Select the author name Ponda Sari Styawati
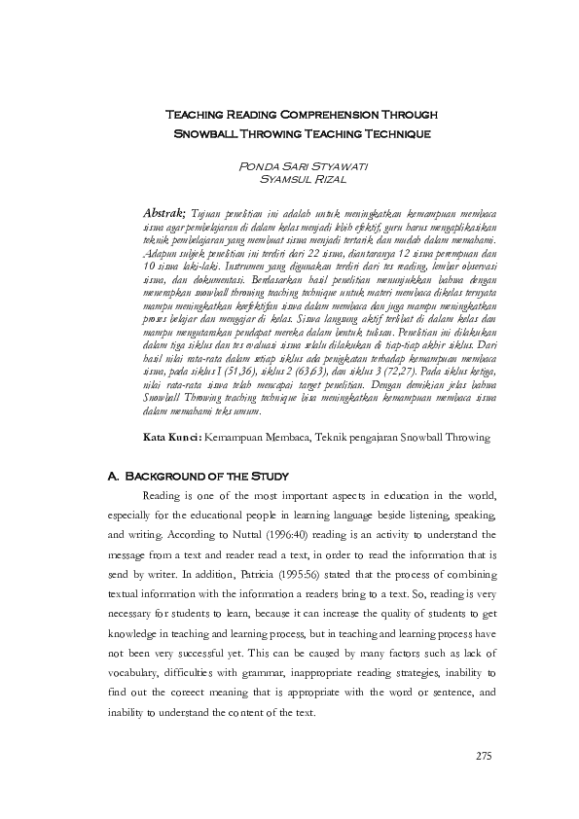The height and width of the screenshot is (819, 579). tap(289, 167)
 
